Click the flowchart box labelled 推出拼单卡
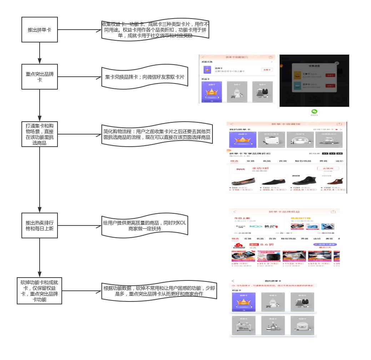click(x=39, y=30)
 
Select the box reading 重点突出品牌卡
click(x=39, y=77)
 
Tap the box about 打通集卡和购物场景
click(x=39, y=134)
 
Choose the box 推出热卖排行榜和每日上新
click(x=39, y=226)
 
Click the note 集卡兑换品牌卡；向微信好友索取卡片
click(x=145, y=77)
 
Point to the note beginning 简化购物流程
click(x=156, y=134)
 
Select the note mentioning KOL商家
click(x=144, y=226)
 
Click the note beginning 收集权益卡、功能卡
click(x=155, y=30)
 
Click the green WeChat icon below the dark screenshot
click(x=314, y=112)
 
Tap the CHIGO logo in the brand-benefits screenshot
click(x=239, y=246)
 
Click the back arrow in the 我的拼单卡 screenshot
click(x=233, y=281)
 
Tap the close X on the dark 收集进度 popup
click(x=336, y=63)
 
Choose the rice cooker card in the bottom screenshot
click(x=302, y=325)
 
